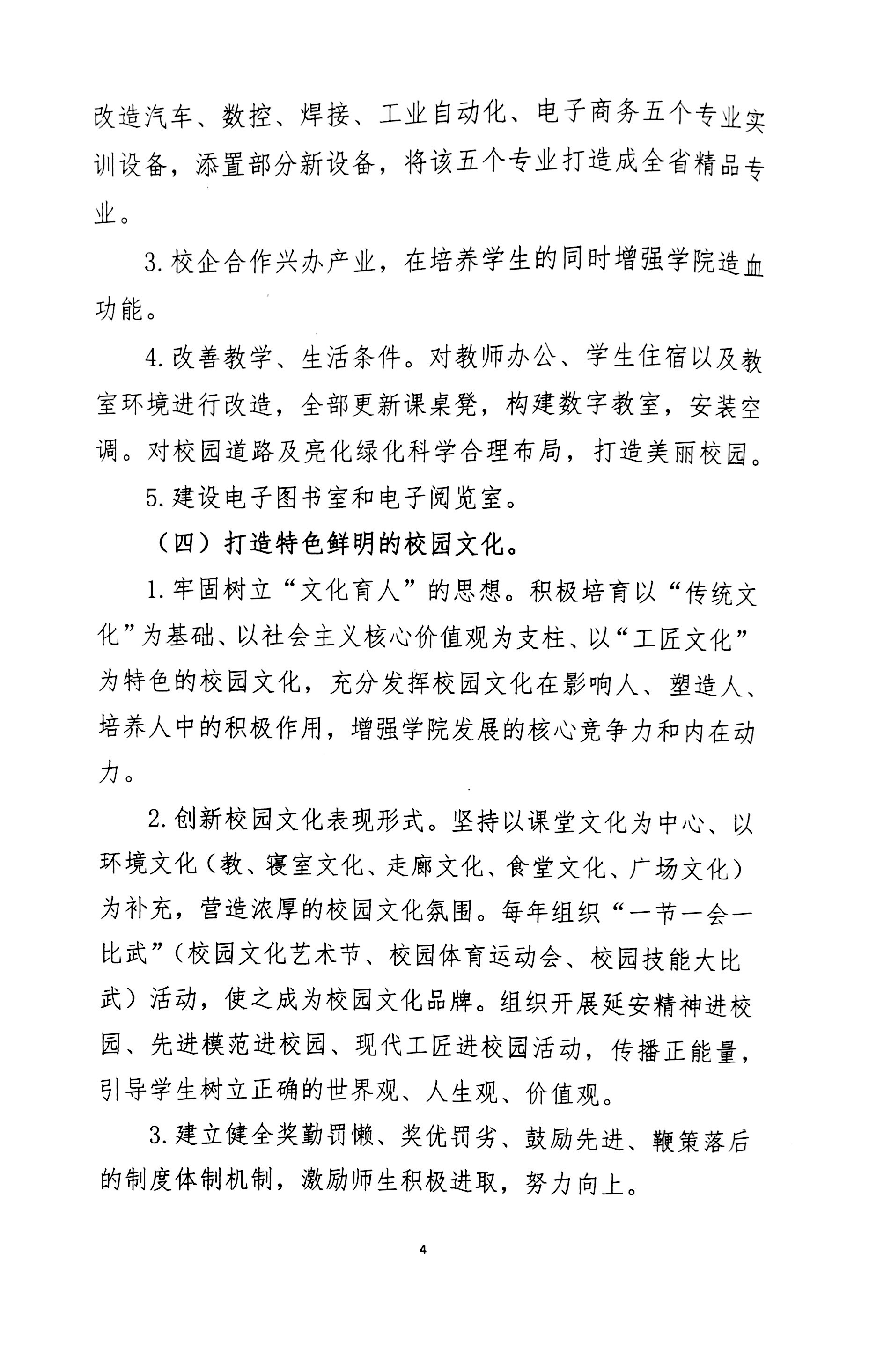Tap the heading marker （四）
(184, 544)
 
